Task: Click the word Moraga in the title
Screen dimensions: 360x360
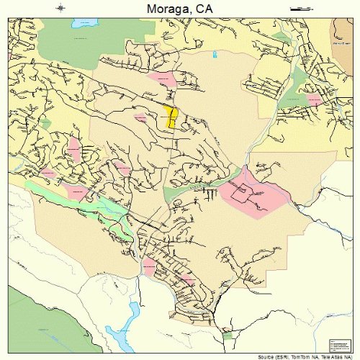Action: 165,9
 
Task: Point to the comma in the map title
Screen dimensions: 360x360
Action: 194,13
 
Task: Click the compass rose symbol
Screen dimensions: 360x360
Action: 62,8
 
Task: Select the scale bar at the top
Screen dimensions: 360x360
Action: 298,8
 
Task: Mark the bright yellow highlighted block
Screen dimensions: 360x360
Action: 170,117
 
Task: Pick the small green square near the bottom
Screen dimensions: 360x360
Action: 228,336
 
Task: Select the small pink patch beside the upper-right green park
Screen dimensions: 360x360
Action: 315,99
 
